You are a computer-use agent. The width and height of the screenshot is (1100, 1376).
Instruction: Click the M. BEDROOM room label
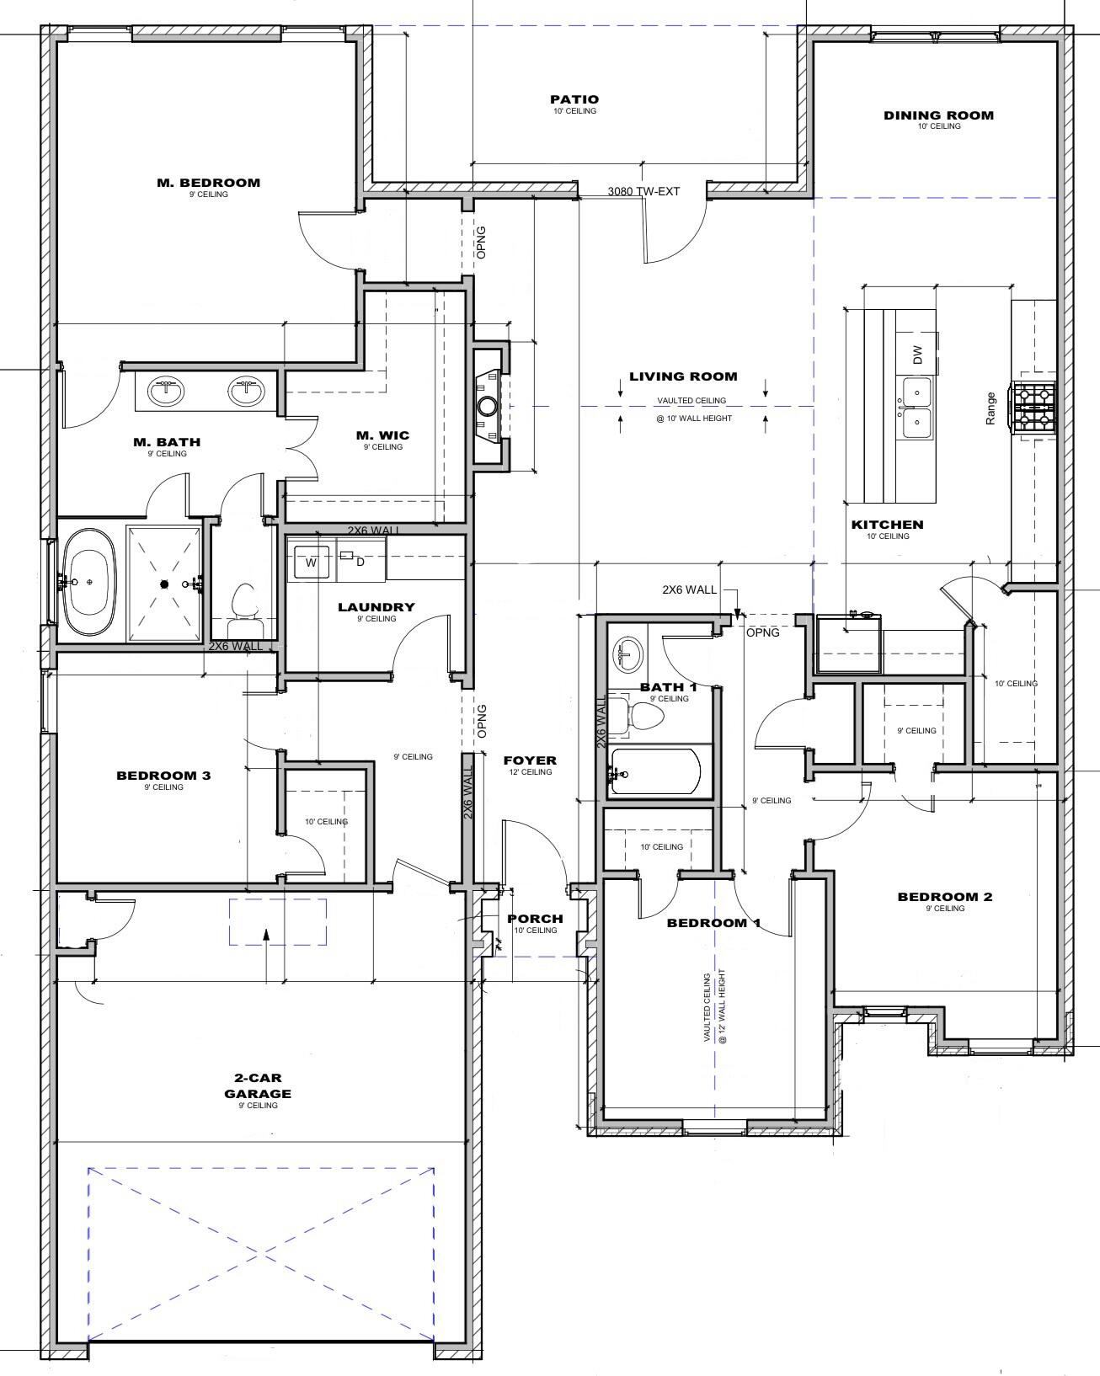209,183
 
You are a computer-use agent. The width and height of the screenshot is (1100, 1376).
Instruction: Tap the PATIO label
574,99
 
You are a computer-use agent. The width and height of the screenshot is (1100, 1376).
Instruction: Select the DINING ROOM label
939,115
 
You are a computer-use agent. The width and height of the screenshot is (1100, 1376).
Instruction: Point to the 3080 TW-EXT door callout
643,191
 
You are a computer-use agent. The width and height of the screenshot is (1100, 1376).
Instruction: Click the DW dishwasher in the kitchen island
918,355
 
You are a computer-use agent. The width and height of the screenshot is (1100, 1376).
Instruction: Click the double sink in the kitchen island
917,408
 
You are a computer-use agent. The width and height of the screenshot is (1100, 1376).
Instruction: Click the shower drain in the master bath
164,584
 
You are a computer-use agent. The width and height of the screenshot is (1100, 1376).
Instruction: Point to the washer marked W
311,563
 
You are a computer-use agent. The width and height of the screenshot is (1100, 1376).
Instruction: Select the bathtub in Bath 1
656,771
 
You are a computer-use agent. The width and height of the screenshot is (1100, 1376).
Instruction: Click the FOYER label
530,760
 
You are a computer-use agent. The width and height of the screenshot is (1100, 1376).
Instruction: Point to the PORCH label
536,919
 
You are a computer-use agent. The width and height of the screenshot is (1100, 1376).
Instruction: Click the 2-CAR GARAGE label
257,1085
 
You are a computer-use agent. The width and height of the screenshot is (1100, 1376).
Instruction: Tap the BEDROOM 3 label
163,776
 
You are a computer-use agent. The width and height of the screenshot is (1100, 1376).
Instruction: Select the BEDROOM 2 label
944,897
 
